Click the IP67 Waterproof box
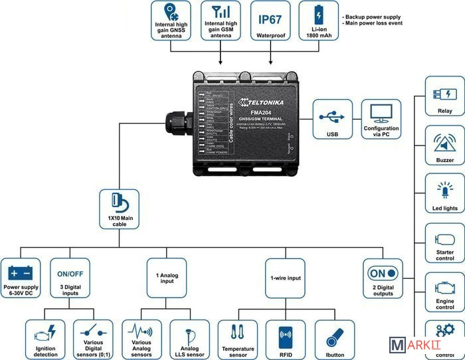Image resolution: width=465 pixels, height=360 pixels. pyautogui.click(x=272, y=20)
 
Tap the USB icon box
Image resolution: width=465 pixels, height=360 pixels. pyautogui.click(x=333, y=120)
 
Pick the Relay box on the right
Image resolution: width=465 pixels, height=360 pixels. pyautogui.click(x=444, y=100)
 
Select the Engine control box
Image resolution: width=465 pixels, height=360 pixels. pyautogui.click(x=444, y=293)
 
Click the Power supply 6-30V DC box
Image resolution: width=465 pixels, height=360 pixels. pyautogui.click(x=21, y=278)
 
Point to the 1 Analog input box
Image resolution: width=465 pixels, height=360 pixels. pyautogui.click(x=167, y=278)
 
